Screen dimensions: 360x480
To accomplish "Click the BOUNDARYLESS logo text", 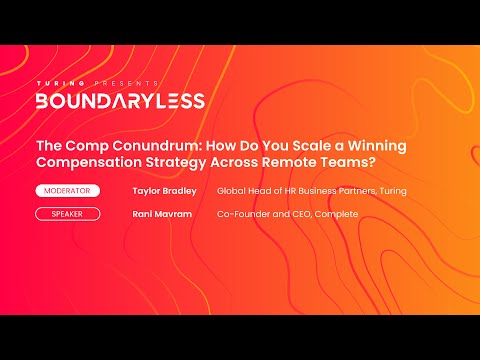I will click(x=120, y=100).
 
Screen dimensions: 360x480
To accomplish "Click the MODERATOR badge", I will click(x=72, y=190).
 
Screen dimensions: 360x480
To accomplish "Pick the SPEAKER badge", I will click(x=72, y=213).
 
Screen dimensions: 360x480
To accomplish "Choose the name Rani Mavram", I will click(x=161, y=213).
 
